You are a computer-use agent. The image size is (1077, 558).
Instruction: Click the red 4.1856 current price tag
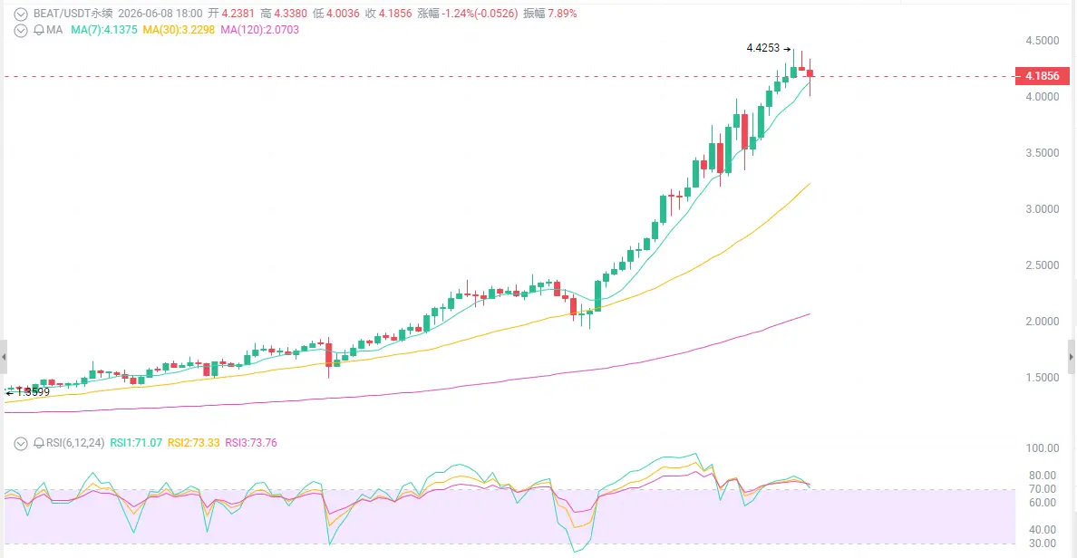pyautogui.click(x=1042, y=76)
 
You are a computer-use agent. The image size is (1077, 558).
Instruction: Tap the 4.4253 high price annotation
pyautogui.click(x=763, y=48)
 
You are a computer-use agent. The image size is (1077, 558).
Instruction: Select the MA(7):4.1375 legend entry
pyautogui.click(x=103, y=30)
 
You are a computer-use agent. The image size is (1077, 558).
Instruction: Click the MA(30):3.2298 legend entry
pyautogui.click(x=179, y=30)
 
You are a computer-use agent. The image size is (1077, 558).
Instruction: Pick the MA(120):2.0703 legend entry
pyautogui.click(x=259, y=30)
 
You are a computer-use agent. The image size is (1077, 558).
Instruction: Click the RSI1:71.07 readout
pyautogui.click(x=136, y=443)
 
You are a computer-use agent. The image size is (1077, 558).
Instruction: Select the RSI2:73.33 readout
pyautogui.click(x=194, y=443)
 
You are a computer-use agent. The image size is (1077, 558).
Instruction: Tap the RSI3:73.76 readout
pyautogui.click(x=251, y=443)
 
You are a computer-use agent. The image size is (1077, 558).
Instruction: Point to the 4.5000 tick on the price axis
pyautogui.click(x=1042, y=41)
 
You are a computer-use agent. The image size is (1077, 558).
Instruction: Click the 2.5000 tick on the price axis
pyautogui.click(x=1042, y=265)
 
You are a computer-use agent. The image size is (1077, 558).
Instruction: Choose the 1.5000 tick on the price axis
pyautogui.click(x=1042, y=378)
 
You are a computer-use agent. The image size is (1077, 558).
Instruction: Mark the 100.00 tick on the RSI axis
pyautogui.click(x=1042, y=449)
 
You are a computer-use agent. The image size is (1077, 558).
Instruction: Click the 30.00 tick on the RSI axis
pyautogui.click(x=1042, y=544)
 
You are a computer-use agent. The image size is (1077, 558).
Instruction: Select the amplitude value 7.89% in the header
pyautogui.click(x=562, y=14)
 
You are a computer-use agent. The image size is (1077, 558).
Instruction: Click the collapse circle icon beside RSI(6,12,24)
pyautogui.click(x=21, y=443)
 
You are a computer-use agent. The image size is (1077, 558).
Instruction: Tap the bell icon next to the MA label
pyautogui.click(x=38, y=30)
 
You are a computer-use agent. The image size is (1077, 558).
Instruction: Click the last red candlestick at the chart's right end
pyautogui.click(x=810, y=72)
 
